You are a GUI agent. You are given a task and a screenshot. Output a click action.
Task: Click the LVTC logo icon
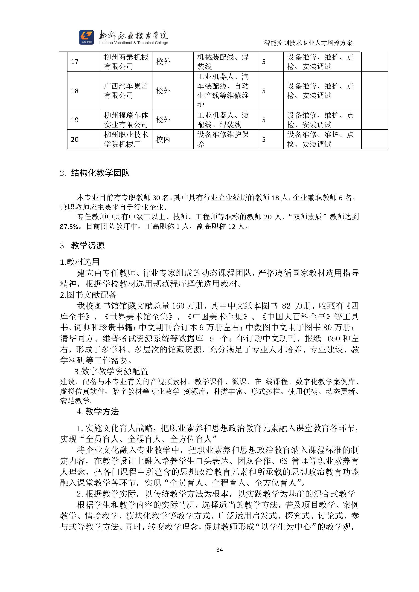pyautogui.click(x=86, y=37)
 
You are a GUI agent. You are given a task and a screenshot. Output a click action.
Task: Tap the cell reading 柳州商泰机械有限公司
pyautogui.click(x=126, y=62)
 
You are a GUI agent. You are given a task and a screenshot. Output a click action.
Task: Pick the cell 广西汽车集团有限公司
pyautogui.click(x=126, y=90)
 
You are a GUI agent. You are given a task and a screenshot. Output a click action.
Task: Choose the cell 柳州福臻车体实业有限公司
pyautogui.click(x=126, y=120)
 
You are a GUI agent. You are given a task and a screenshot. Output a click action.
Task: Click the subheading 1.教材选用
pyautogui.click(x=80, y=262)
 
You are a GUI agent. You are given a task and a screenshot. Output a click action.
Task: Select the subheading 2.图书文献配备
pyautogui.click(x=88, y=295)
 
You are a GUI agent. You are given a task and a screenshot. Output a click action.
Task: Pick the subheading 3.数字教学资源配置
pyautogui.click(x=111, y=371)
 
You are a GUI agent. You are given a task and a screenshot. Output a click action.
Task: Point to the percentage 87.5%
pyautogui.click(x=69, y=227)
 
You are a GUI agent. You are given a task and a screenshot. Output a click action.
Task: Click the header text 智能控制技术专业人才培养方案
pyautogui.click(x=308, y=43)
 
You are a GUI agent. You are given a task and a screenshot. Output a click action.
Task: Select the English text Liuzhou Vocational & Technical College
pyautogui.click(x=134, y=43)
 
